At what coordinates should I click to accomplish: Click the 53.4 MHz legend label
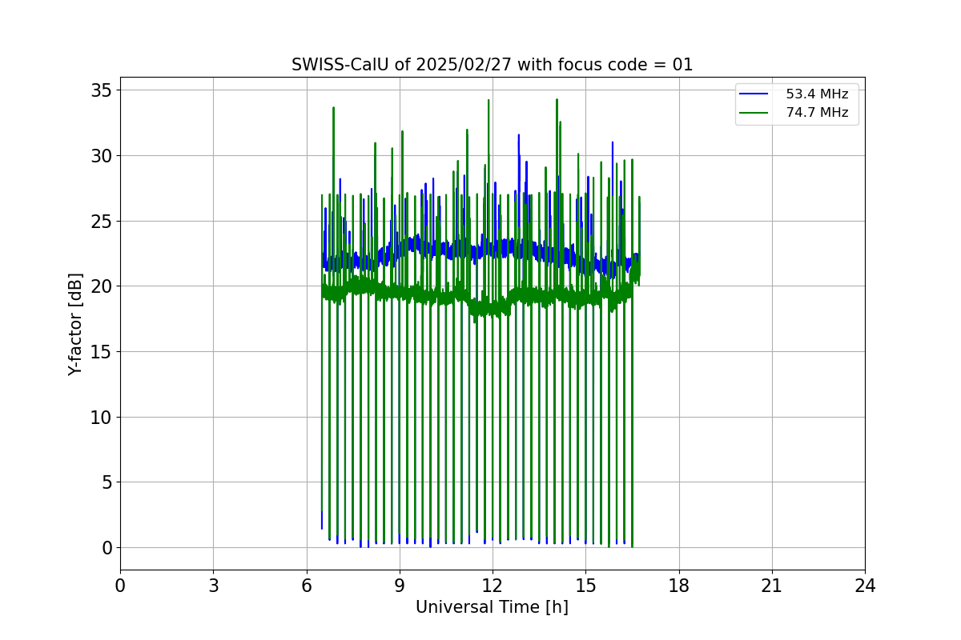click(x=817, y=94)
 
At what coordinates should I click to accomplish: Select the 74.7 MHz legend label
click(x=817, y=113)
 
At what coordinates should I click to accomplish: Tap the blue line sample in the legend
click(x=754, y=94)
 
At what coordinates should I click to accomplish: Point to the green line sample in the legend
click(x=754, y=113)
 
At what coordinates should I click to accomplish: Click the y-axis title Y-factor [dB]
click(x=75, y=324)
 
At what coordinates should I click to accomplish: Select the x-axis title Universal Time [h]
click(x=492, y=607)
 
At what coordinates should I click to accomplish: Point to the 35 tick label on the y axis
click(x=101, y=90)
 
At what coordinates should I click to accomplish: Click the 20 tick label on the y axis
click(x=101, y=286)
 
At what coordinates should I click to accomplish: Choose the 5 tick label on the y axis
click(x=106, y=482)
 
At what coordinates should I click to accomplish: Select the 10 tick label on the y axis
click(x=101, y=417)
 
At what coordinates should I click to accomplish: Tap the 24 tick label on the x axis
click(x=865, y=586)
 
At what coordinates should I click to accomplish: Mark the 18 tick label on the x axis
click(x=679, y=586)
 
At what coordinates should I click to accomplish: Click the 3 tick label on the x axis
click(x=213, y=586)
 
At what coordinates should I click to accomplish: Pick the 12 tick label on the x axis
click(x=493, y=586)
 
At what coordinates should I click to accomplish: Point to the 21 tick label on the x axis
click(x=772, y=586)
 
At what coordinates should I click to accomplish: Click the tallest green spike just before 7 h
click(x=333, y=109)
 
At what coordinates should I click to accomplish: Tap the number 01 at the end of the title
click(x=683, y=65)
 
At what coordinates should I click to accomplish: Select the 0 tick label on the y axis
click(x=106, y=548)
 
